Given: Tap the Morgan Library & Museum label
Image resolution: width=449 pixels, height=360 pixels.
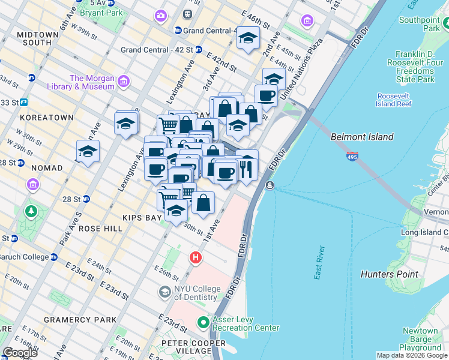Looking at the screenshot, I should [x=92, y=82].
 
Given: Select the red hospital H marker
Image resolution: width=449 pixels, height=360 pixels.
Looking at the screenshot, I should [x=195, y=258].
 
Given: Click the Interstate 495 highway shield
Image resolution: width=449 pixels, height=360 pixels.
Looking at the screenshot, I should [x=352, y=156].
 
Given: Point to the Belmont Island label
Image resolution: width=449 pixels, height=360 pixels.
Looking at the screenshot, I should [x=362, y=137].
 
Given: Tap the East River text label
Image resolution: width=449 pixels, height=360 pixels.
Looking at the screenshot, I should [x=320, y=262].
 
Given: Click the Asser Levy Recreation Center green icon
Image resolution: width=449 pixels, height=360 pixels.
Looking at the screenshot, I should [x=203, y=323].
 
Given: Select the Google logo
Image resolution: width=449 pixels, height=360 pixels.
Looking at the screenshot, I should [x=20, y=353].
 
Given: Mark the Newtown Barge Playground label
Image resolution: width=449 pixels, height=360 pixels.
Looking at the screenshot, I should [x=420, y=339].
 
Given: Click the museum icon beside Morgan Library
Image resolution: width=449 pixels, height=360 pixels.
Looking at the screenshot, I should [x=124, y=81].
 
